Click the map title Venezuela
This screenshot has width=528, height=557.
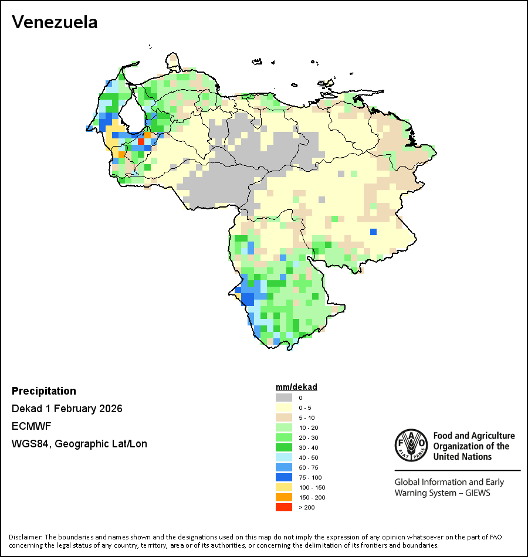(x=55, y=22)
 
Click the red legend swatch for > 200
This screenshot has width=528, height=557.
(x=283, y=507)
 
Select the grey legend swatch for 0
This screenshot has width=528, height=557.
(x=283, y=398)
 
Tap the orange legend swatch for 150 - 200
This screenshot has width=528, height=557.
(x=283, y=497)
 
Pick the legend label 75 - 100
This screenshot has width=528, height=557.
(x=310, y=477)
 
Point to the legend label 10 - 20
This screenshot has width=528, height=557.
(x=309, y=427)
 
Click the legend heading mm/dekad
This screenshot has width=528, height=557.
(x=296, y=387)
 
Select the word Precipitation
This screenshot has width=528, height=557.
(x=44, y=391)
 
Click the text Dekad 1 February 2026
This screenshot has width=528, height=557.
(x=67, y=409)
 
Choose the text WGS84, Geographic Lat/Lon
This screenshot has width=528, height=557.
(x=79, y=444)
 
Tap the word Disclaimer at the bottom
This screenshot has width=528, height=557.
(x=25, y=537)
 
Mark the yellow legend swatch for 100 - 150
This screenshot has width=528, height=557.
(x=283, y=487)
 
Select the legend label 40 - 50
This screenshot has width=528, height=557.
(x=309, y=457)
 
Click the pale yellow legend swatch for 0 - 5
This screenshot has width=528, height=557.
(x=283, y=407)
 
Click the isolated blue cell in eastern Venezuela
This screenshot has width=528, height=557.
(x=373, y=232)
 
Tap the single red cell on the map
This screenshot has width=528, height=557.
(x=141, y=141)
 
